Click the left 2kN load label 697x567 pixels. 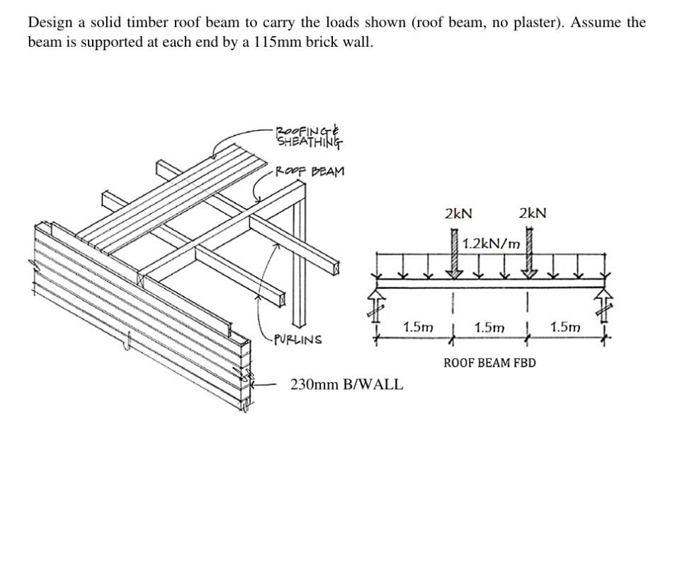tap(458, 213)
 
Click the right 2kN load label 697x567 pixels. tap(533, 213)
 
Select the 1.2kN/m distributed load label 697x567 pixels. tap(491, 244)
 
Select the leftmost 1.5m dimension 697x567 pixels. tap(417, 327)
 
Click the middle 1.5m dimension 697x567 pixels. tap(489, 327)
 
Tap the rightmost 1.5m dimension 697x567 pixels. tap(565, 327)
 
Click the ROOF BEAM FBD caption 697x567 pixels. tap(489, 363)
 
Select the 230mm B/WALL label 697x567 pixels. tap(346, 385)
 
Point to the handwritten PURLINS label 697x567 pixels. tap(297, 340)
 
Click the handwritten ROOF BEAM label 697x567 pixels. tap(310, 171)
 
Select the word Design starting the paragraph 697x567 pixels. tap(49, 22)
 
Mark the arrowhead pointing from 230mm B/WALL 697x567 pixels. tap(256, 385)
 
